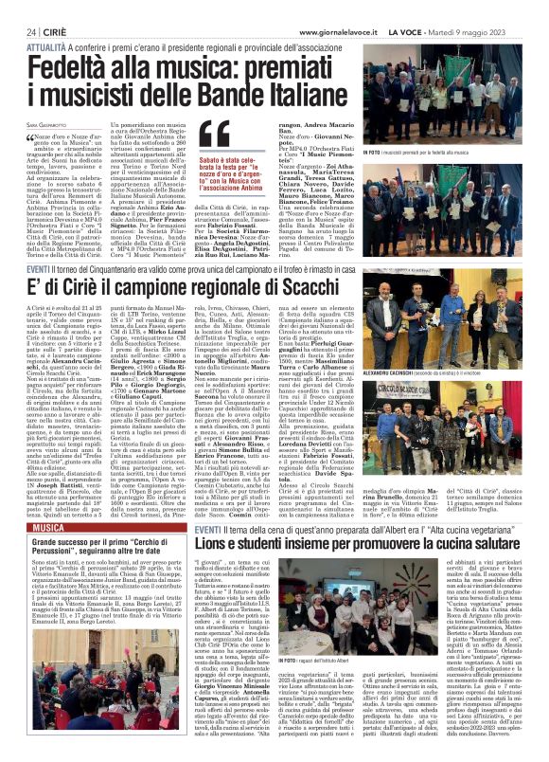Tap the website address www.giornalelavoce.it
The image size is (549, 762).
339,31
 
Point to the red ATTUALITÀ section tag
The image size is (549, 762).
45,45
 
